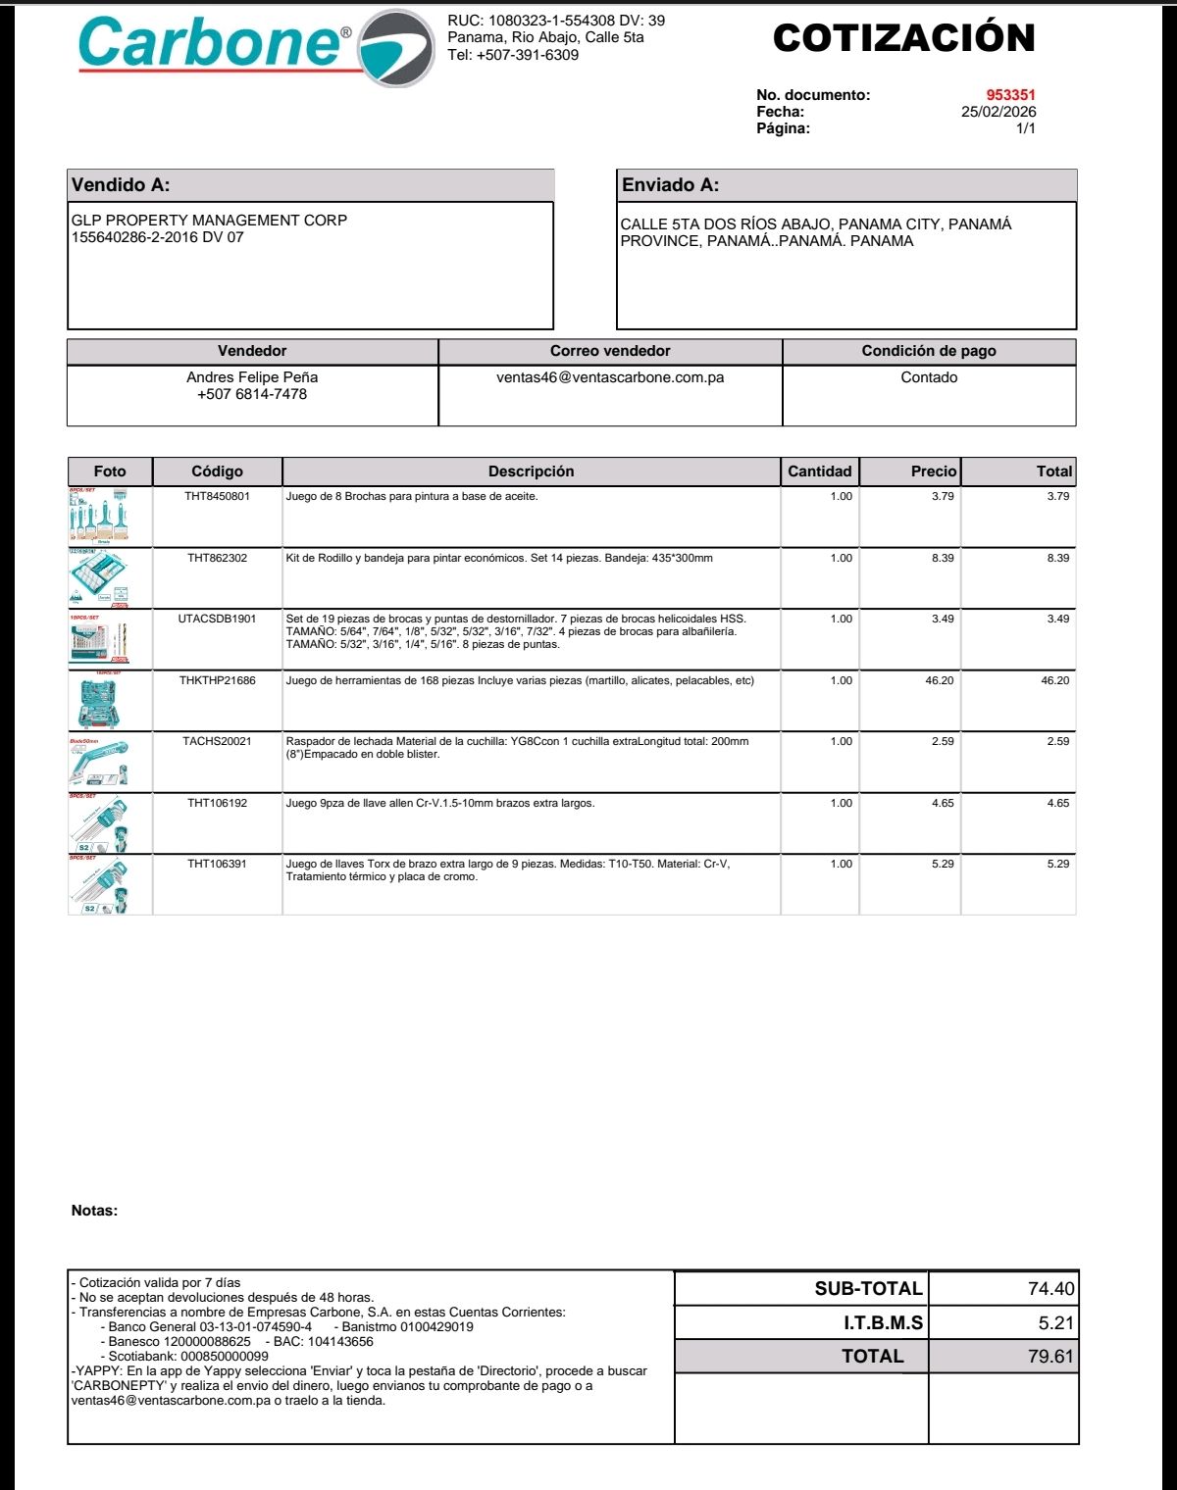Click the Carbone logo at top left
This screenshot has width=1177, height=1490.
tap(255, 46)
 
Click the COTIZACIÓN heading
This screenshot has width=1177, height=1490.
tap(903, 38)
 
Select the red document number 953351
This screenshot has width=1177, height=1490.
tap(1010, 95)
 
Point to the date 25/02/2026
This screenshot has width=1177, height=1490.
tap(998, 112)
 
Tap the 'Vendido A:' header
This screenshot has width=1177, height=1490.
tap(121, 185)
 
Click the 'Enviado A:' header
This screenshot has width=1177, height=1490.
tap(670, 185)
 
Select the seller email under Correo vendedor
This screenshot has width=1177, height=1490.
tap(610, 377)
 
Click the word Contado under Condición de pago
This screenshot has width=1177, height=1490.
tap(929, 377)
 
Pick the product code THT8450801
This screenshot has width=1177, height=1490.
tap(217, 497)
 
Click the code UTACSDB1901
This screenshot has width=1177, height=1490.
tap(217, 620)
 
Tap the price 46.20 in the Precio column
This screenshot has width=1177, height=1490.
tap(939, 680)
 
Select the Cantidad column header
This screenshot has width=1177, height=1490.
tap(820, 472)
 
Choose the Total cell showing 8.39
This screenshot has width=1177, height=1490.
tap(1057, 558)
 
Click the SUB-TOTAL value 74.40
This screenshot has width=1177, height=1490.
tap(1050, 1289)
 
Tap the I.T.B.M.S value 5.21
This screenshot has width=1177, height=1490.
tap(1055, 1323)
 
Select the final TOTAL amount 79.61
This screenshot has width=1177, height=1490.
tap(1050, 1357)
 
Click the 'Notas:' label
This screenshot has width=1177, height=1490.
tap(94, 1211)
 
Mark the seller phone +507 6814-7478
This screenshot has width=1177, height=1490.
tap(252, 394)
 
